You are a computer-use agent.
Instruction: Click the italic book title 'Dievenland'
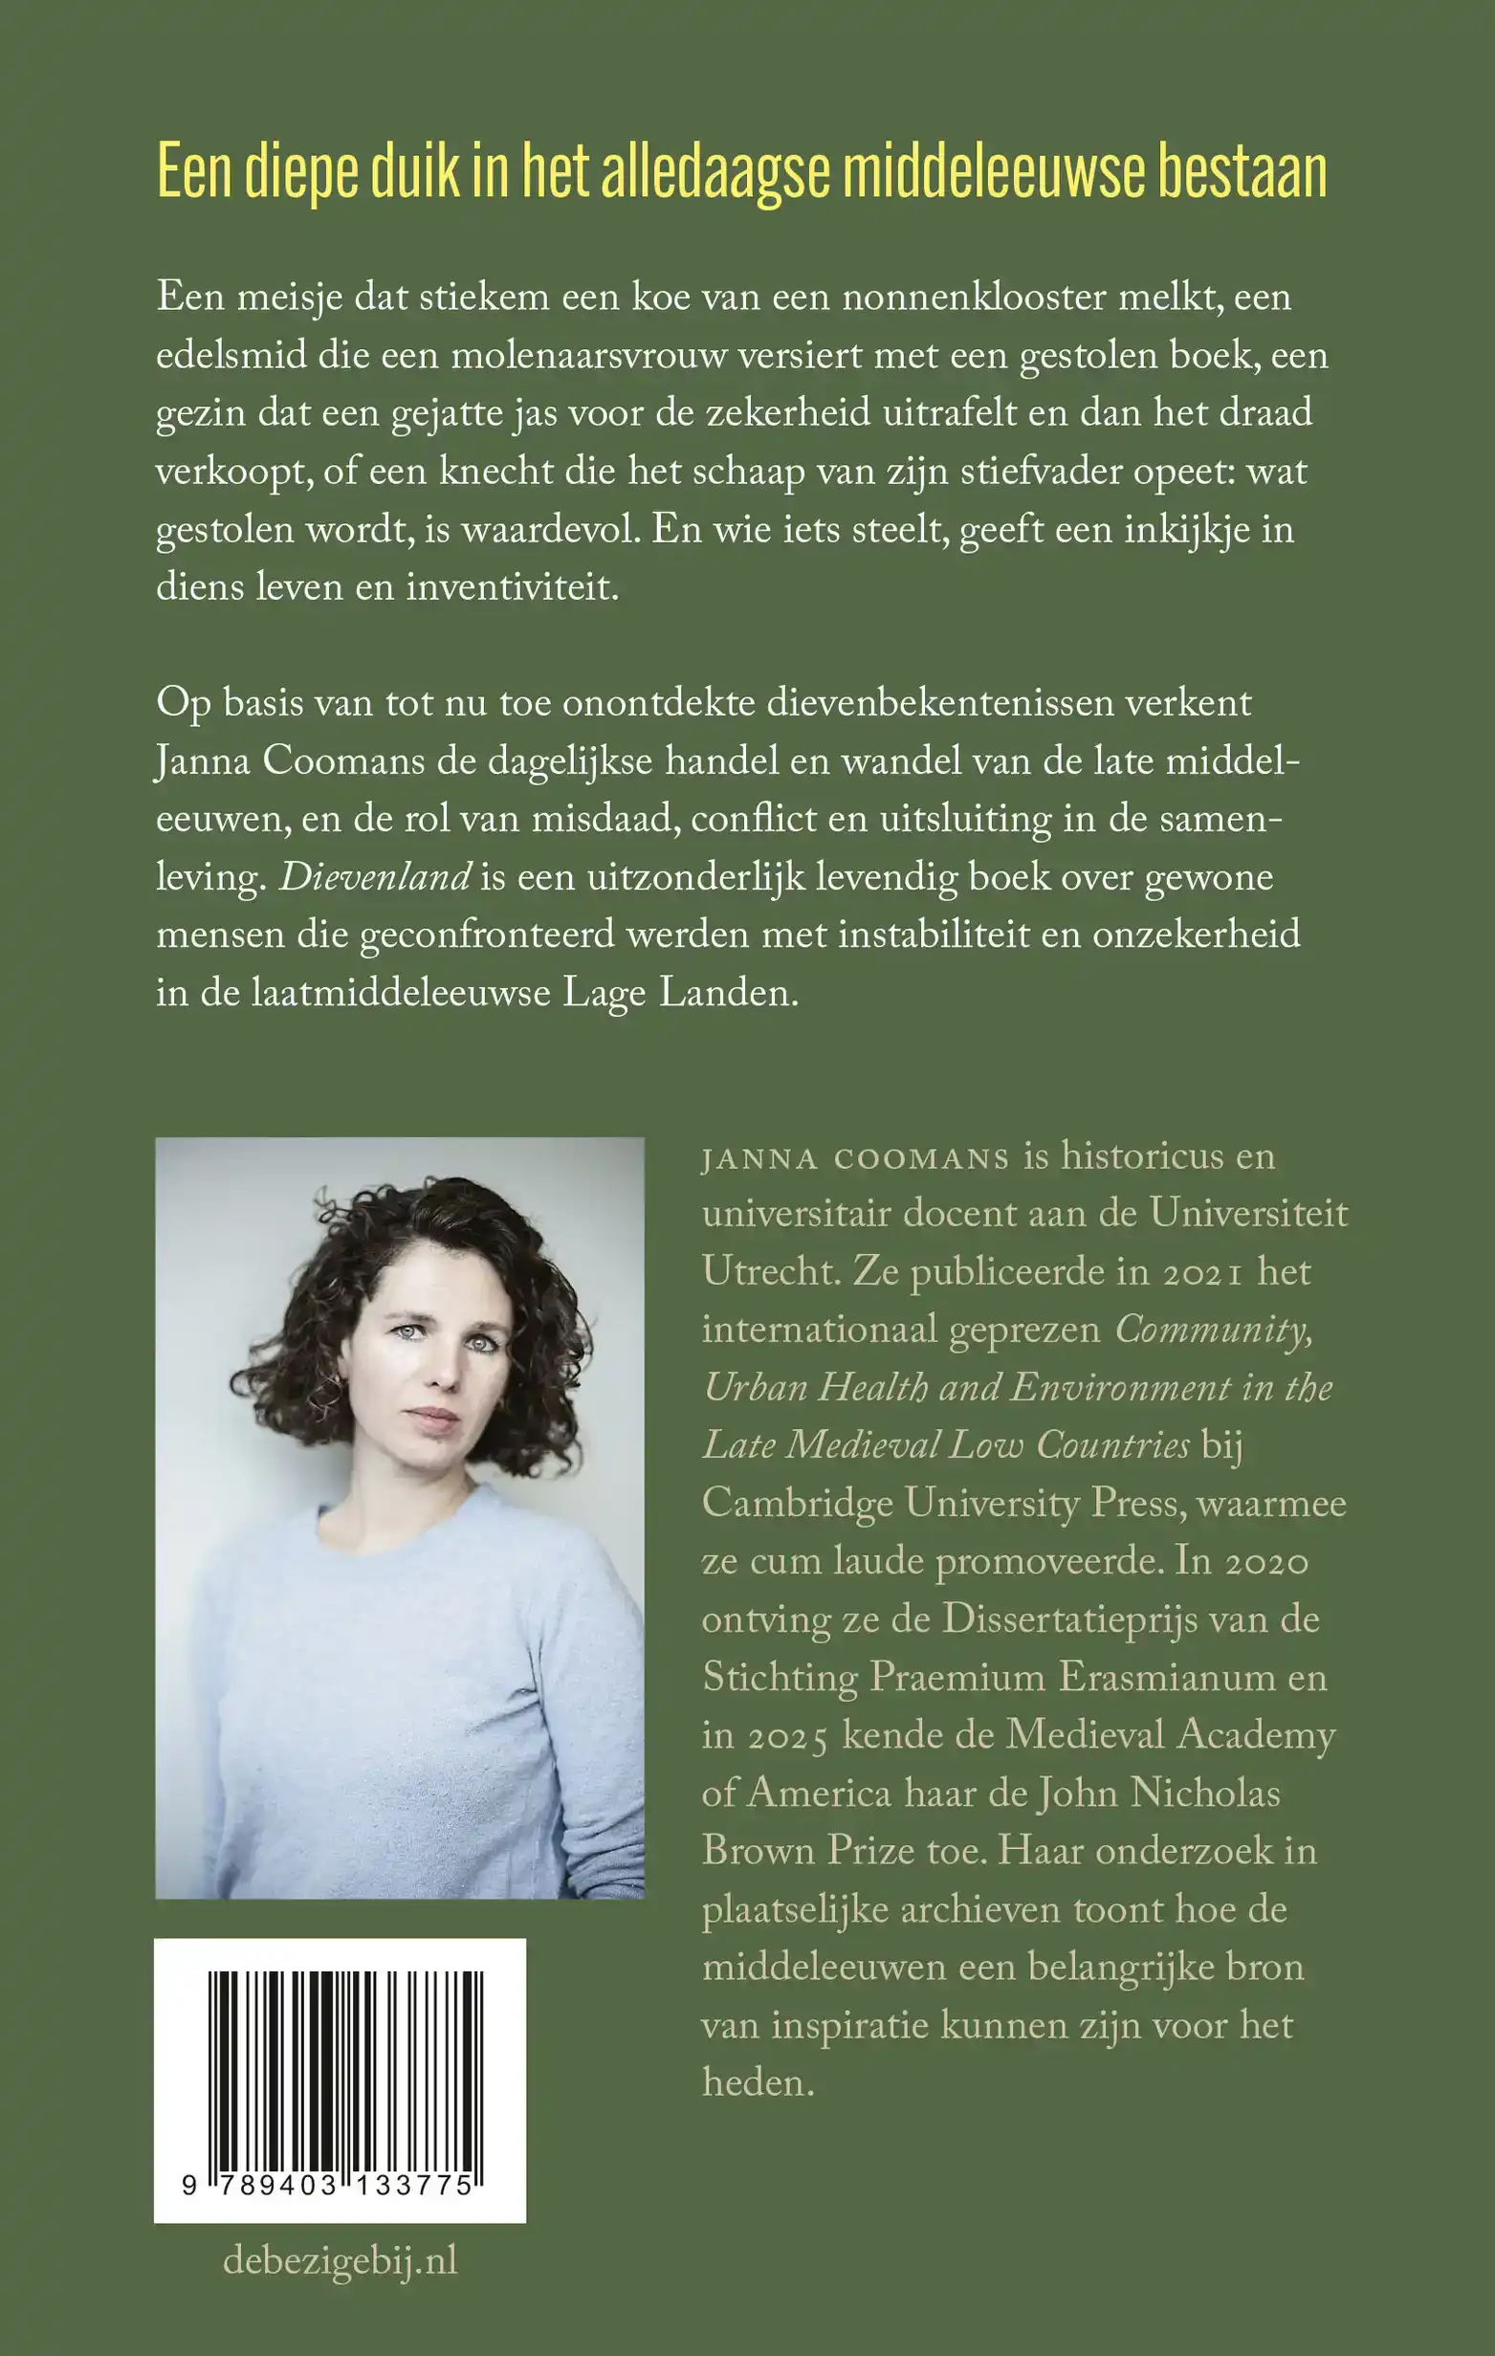pyautogui.click(x=375, y=876)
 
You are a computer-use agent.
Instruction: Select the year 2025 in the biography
pyautogui.click(x=788, y=1737)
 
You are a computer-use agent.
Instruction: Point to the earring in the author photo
pyautogui.click(x=334, y=1386)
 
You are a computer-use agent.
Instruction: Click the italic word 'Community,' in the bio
pyautogui.click(x=1212, y=1331)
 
